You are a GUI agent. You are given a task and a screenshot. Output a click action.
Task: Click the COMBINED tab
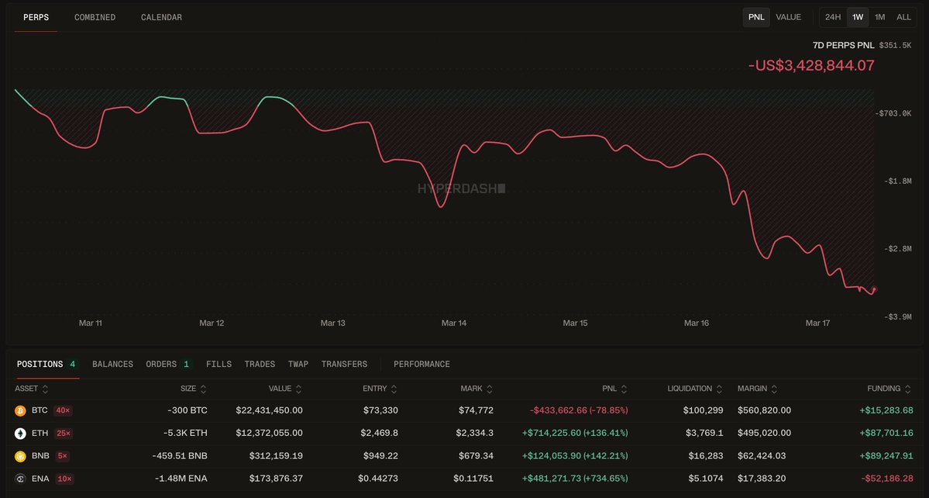(x=95, y=17)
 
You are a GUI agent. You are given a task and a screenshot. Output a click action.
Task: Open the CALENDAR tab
(x=161, y=17)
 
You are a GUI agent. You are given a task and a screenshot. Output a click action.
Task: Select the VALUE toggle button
(x=788, y=17)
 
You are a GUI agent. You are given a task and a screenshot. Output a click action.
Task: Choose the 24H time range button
(x=833, y=17)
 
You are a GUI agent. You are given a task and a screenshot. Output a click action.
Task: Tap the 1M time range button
(x=879, y=17)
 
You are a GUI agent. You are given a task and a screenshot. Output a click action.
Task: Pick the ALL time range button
(x=903, y=17)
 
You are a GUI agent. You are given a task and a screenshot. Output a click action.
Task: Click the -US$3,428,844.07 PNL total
(x=811, y=65)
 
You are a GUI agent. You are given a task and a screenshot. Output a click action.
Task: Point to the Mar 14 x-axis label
(x=454, y=323)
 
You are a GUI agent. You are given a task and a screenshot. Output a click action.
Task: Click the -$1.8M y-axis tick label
(x=897, y=181)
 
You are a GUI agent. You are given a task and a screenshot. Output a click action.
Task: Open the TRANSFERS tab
(x=344, y=364)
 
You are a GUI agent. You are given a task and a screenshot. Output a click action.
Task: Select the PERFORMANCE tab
(x=421, y=364)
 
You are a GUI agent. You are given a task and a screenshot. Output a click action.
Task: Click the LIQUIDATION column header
(x=689, y=389)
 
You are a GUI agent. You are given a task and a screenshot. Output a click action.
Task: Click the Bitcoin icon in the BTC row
(x=20, y=410)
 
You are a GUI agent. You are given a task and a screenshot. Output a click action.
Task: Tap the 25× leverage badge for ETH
(x=63, y=433)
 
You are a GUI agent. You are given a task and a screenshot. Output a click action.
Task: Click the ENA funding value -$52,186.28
(x=887, y=479)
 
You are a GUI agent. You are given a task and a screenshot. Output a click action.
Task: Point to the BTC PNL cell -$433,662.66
(x=579, y=410)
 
